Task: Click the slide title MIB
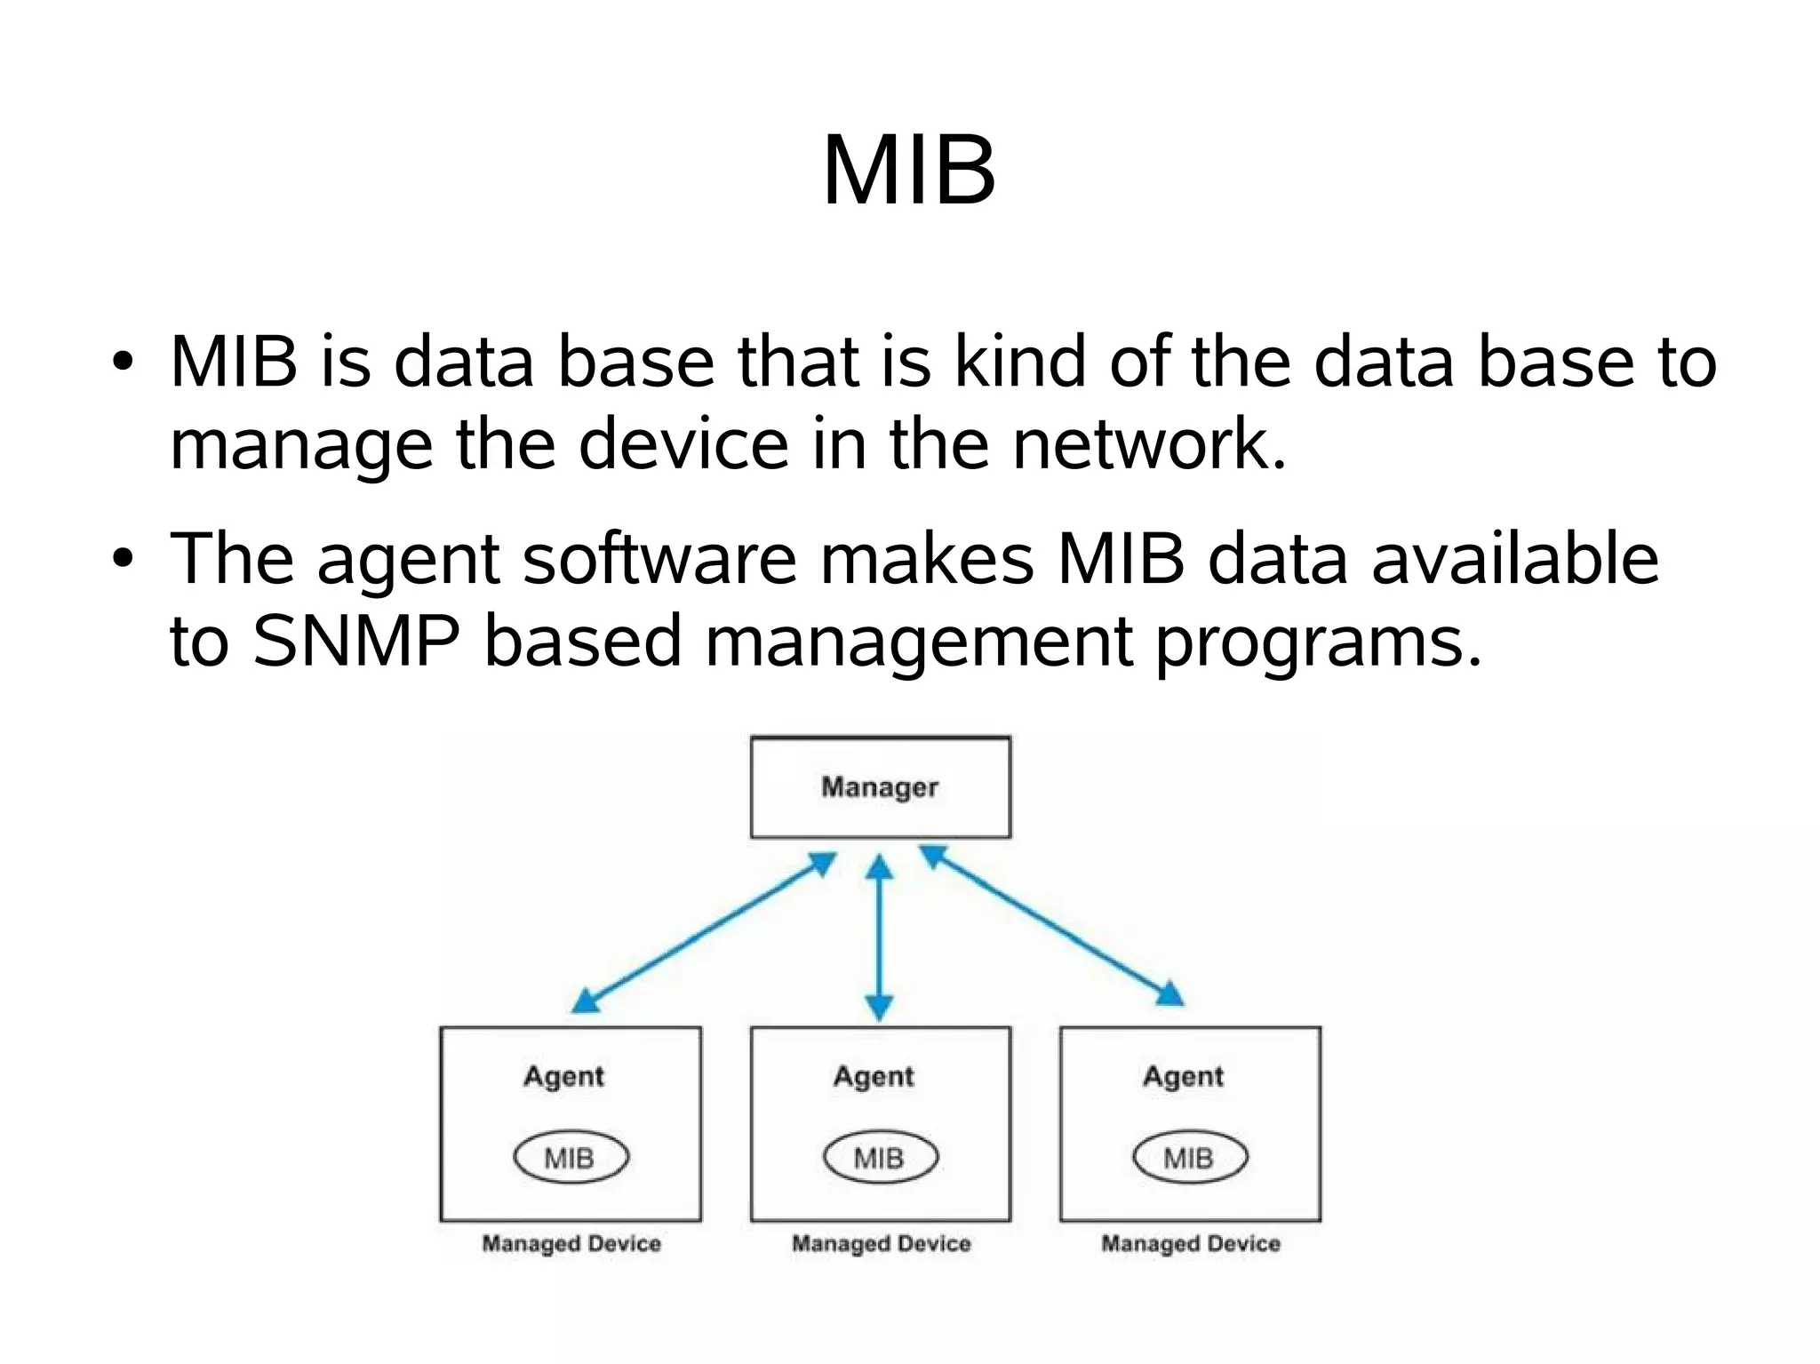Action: tap(908, 171)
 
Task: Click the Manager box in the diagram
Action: tap(880, 787)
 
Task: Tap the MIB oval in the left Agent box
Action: tap(571, 1157)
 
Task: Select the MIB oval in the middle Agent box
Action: tap(880, 1157)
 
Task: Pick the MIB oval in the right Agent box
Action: tap(1189, 1157)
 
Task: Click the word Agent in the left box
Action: tap(563, 1076)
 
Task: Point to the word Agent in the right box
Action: tap(1183, 1076)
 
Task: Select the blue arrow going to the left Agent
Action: tap(702, 933)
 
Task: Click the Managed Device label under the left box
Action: tap(571, 1243)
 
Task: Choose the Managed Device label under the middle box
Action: tap(881, 1243)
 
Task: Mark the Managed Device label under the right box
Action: tap(1191, 1243)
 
